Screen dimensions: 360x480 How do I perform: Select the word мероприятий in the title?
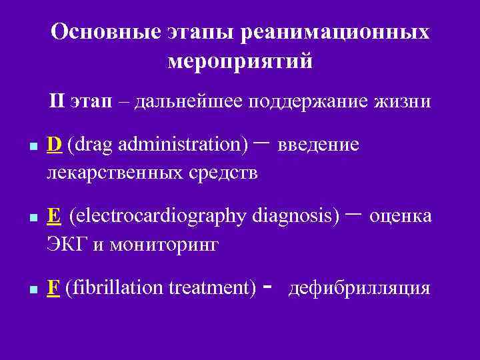240,62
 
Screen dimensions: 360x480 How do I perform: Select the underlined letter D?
55,145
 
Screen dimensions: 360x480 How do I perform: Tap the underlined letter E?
55,216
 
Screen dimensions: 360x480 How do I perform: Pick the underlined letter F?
54,289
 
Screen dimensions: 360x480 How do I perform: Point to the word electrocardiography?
159,216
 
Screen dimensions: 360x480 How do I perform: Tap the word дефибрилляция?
359,289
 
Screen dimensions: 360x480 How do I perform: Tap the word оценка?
400,216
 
